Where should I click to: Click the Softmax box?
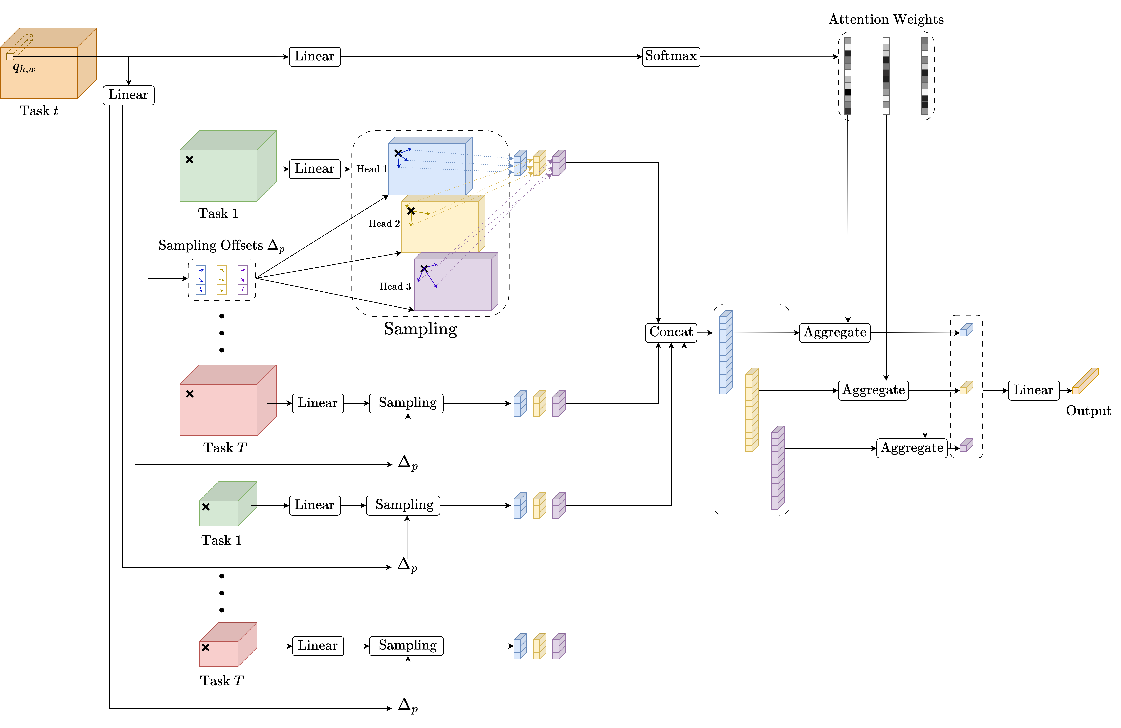pyautogui.click(x=671, y=56)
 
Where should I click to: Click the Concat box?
pyautogui.click(x=671, y=332)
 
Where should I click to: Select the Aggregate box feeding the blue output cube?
pyautogui.click(x=835, y=332)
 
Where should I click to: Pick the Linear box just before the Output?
pyautogui.click(x=1033, y=390)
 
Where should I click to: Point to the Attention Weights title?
pyautogui.click(x=886, y=19)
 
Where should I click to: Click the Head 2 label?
pyautogui.click(x=384, y=223)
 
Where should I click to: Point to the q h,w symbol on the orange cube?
pyautogui.click(x=24, y=68)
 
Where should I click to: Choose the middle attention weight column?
pyautogui.click(x=886, y=76)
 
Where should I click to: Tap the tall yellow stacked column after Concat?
pyautogui.click(x=752, y=410)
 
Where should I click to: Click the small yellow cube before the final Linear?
pyautogui.click(x=966, y=387)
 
